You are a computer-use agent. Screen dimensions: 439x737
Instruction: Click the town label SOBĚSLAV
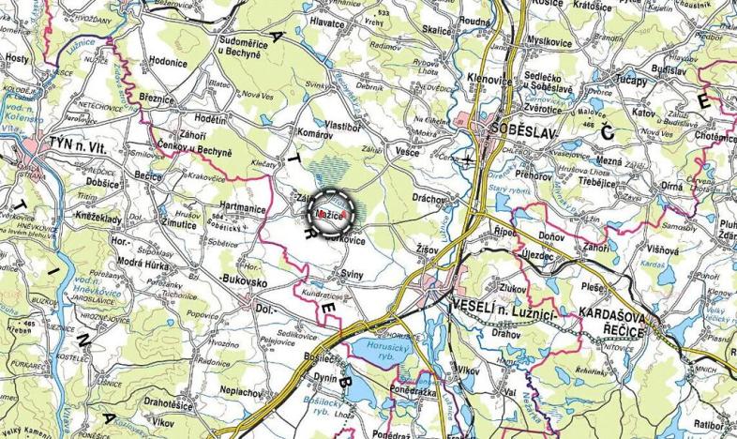coord(514,127)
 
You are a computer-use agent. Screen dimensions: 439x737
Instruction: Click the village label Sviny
coord(352,273)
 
